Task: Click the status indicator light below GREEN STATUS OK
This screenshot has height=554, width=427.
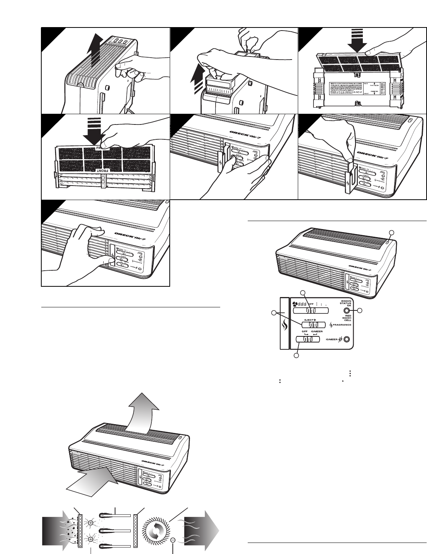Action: [x=346, y=311]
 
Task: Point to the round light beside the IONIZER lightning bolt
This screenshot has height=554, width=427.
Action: [x=346, y=339]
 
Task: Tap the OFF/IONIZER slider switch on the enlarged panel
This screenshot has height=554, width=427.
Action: [x=308, y=339]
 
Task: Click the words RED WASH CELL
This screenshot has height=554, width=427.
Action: [x=346, y=319]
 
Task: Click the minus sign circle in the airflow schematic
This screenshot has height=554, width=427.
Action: [x=173, y=540]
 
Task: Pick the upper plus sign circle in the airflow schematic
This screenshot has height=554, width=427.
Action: [x=91, y=523]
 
